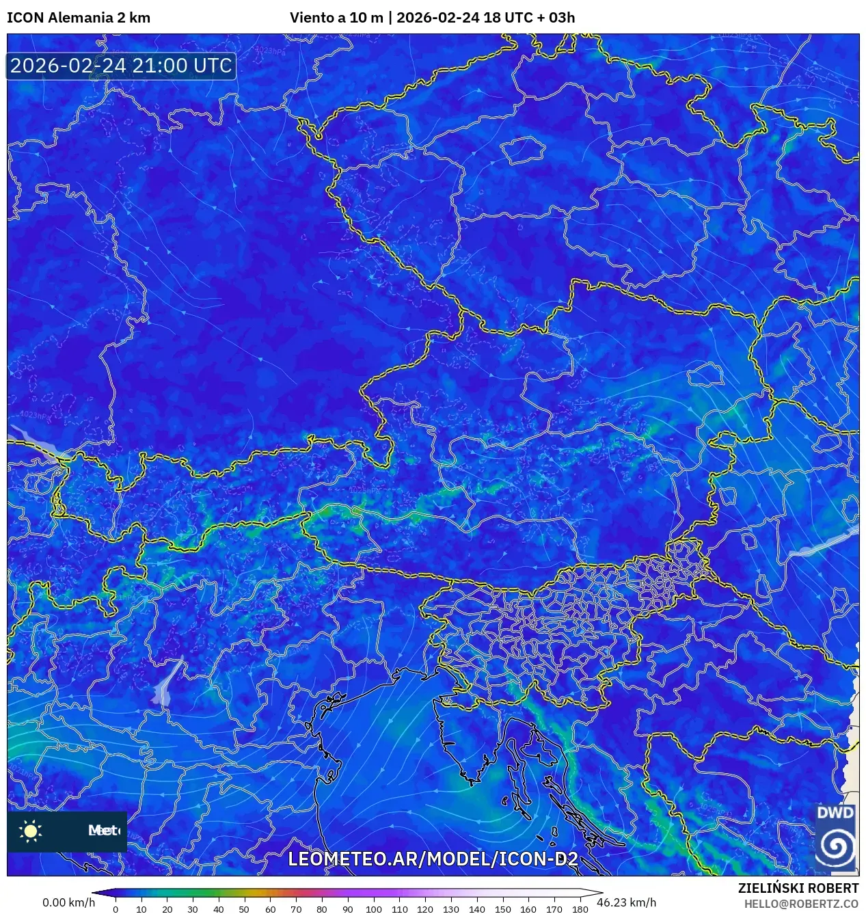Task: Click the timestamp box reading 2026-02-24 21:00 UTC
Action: click(x=121, y=66)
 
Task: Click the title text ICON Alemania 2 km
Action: click(x=79, y=18)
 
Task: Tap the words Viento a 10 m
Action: click(x=336, y=18)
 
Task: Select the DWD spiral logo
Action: click(x=835, y=846)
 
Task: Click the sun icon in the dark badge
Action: click(x=31, y=831)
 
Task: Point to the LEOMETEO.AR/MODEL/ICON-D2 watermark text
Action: click(x=433, y=859)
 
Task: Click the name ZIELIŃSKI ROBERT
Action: click(x=798, y=888)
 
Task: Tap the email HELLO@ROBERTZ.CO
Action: click(x=801, y=904)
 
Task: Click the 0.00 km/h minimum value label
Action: click(x=68, y=902)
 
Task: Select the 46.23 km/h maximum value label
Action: click(x=626, y=902)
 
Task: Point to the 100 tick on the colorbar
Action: click(x=373, y=909)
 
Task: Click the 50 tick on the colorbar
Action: click(x=244, y=909)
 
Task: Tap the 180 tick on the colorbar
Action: click(x=580, y=909)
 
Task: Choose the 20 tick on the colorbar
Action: click(x=167, y=909)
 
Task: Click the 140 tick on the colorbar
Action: click(x=477, y=909)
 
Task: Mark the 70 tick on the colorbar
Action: click(x=296, y=909)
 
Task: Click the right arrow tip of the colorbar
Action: click(x=601, y=893)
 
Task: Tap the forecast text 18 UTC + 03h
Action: click(x=529, y=18)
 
